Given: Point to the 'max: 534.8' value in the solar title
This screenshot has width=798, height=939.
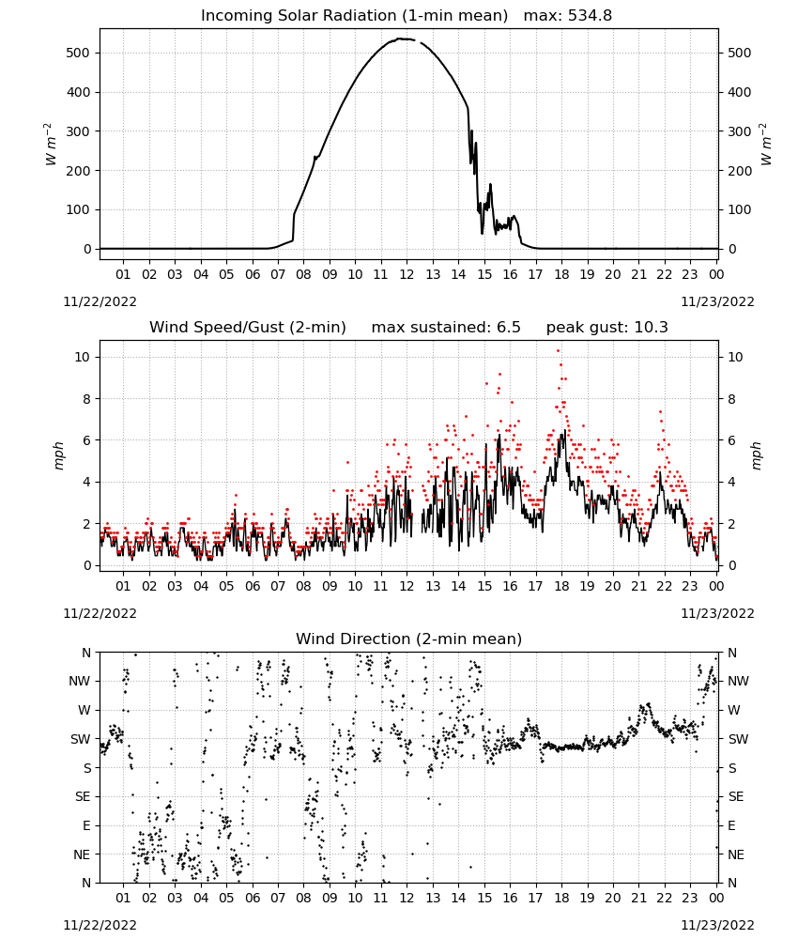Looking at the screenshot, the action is [x=568, y=16].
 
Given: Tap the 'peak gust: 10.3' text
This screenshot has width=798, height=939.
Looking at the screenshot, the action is [x=607, y=328].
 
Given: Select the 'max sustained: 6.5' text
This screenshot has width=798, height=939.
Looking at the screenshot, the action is [x=446, y=328].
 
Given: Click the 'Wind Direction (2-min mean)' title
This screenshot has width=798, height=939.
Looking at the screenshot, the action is [x=409, y=639].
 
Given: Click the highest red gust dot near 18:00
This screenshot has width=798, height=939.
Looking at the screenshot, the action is [x=559, y=351].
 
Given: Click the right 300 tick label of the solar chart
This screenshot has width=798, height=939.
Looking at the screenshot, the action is [x=740, y=131].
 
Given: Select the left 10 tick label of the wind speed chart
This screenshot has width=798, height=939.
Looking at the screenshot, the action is [x=83, y=357].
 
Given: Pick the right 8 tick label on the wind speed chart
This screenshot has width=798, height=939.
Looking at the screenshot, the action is [x=731, y=399].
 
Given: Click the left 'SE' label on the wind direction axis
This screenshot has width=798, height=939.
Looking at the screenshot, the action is [x=83, y=796].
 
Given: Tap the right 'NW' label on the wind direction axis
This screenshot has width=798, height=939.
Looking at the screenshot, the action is [x=738, y=681].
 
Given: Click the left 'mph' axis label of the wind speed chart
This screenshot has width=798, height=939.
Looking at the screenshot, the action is [x=58, y=455].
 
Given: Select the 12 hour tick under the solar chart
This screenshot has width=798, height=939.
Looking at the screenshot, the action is [x=407, y=274].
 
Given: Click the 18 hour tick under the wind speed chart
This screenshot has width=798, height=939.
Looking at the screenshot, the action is [x=561, y=586].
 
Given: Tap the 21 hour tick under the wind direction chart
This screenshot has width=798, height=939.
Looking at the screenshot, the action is [x=638, y=898].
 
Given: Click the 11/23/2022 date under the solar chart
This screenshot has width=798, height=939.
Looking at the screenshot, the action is [x=717, y=301].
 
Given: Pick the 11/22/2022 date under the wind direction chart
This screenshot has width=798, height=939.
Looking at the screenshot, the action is [x=100, y=925].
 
